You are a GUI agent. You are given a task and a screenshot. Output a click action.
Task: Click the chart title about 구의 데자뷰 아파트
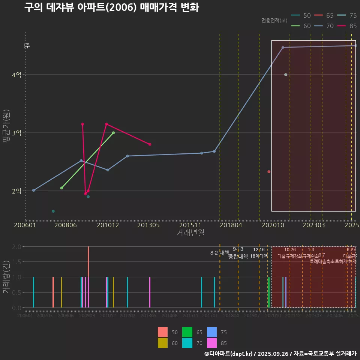pos(111,8)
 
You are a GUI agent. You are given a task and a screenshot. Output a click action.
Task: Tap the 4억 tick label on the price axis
pos(16,75)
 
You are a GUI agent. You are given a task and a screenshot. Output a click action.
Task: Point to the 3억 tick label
pos(16,133)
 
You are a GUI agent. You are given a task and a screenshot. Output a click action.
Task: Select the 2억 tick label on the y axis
pos(16,191)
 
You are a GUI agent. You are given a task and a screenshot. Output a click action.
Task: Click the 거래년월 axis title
pos(190,233)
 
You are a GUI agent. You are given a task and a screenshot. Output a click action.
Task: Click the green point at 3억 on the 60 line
pos(113,133)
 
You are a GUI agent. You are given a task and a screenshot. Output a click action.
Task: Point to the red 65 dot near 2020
pos(269,172)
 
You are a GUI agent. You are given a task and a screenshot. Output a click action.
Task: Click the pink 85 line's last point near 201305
pos(150,144)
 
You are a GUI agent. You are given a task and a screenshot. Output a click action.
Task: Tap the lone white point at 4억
pos(286,75)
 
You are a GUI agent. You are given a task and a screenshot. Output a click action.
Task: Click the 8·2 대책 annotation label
pos(220,253)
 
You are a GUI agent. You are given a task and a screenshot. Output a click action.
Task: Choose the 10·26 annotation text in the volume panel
pos(290,250)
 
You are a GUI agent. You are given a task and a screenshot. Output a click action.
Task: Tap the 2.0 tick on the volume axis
pos(16,247)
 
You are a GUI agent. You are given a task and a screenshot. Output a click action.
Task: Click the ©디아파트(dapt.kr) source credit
pos(229,354)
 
